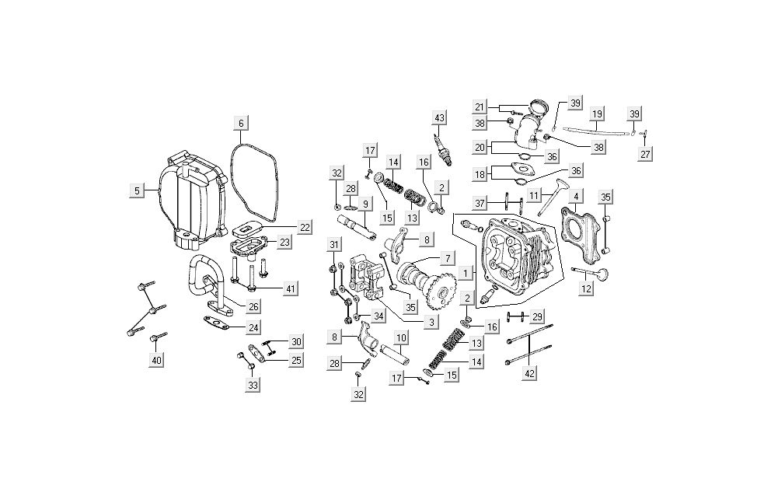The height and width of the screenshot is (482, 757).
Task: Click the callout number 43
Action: tap(440, 117)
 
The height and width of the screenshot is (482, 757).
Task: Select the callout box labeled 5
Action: tap(138, 190)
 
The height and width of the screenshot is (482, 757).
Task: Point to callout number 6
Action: tap(241, 123)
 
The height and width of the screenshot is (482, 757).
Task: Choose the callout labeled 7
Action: tap(447, 257)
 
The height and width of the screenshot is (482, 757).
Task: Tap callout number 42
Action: tap(531, 373)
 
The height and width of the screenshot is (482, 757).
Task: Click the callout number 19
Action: tap(597, 114)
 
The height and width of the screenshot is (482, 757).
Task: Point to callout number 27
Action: tap(645, 154)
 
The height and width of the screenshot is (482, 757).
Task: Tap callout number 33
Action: tap(253, 384)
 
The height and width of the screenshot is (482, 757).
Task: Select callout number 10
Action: tap(401, 338)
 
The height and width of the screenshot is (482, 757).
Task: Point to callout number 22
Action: tap(304, 227)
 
